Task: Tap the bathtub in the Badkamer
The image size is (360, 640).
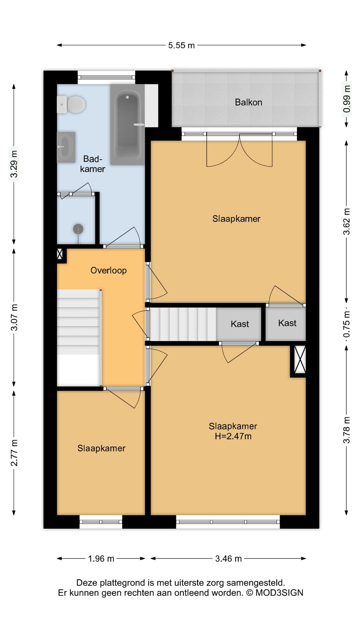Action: click(x=128, y=124)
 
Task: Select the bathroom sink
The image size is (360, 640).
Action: click(x=66, y=147)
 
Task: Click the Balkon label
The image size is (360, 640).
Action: click(x=248, y=102)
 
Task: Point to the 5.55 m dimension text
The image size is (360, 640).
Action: click(x=181, y=45)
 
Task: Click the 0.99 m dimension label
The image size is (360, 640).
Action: click(x=347, y=99)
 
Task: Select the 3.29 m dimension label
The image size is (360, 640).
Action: click(x=14, y=164)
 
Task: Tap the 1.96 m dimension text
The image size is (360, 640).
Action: click(x=101, y=558)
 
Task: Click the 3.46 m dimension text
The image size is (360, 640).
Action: click(x=228, y=558)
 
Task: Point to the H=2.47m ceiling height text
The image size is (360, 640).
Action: click(x=233, y=436)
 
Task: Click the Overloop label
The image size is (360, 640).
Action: click(x=109, y=270)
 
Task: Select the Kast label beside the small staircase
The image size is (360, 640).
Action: click(x=240, y=324)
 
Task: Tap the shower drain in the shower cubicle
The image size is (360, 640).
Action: click(x=78, y=229)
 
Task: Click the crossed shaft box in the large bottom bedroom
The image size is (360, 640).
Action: click(x=300, y=359)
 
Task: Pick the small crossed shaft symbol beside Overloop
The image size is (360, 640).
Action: click(x=60, y=254)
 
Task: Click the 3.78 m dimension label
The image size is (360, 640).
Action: click(x=347, y=430)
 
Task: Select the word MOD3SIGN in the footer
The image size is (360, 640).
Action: click(x=279, y=593)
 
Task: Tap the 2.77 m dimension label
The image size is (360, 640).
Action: click(x=14, y=453)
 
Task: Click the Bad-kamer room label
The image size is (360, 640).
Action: click(x=93, y=164)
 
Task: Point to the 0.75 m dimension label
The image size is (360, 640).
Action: click(x=347, y=324)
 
